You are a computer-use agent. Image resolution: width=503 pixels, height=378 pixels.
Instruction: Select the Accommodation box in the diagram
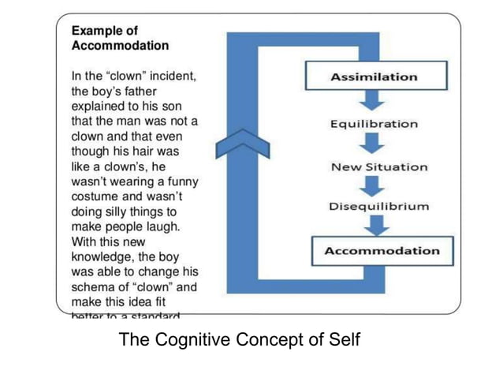382,250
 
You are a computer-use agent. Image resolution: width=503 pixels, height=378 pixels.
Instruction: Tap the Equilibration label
374,124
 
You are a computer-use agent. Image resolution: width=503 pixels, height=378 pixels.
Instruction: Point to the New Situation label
379,167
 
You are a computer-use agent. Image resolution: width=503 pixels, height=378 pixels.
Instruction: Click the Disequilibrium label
379,207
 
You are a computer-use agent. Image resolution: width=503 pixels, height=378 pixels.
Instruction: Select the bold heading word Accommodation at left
120,46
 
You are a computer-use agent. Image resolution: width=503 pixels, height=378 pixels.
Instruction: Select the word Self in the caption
345,340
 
